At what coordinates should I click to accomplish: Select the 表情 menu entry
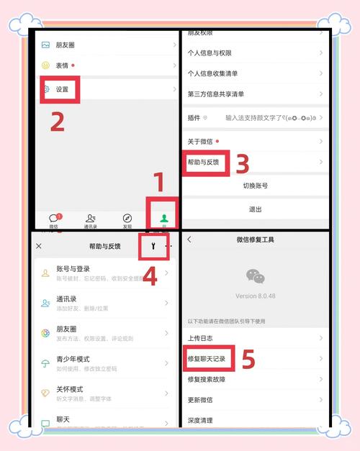tap(65, 65)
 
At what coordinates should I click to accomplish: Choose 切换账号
tap(255, 186)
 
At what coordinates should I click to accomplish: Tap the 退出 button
tap(255, 209)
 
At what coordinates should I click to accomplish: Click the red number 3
tap(243, 165)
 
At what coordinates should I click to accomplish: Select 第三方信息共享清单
tap(215, 94)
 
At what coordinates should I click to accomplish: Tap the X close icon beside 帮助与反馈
tap(39, 246)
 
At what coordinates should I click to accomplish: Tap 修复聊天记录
tap(208, 357)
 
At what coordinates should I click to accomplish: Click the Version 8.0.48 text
tap(255, 296)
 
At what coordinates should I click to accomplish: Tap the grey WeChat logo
tap(255, 275)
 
